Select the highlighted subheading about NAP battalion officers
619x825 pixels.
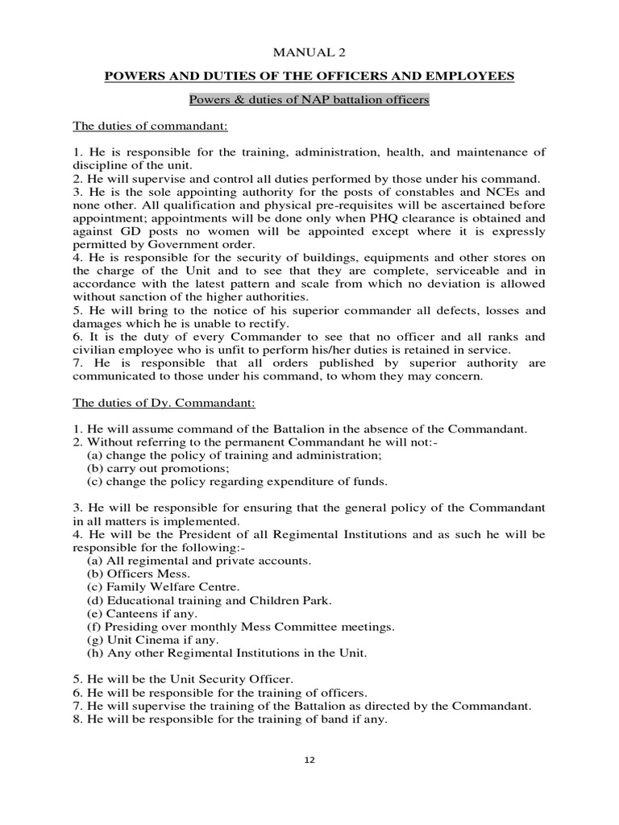click(309, 101)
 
